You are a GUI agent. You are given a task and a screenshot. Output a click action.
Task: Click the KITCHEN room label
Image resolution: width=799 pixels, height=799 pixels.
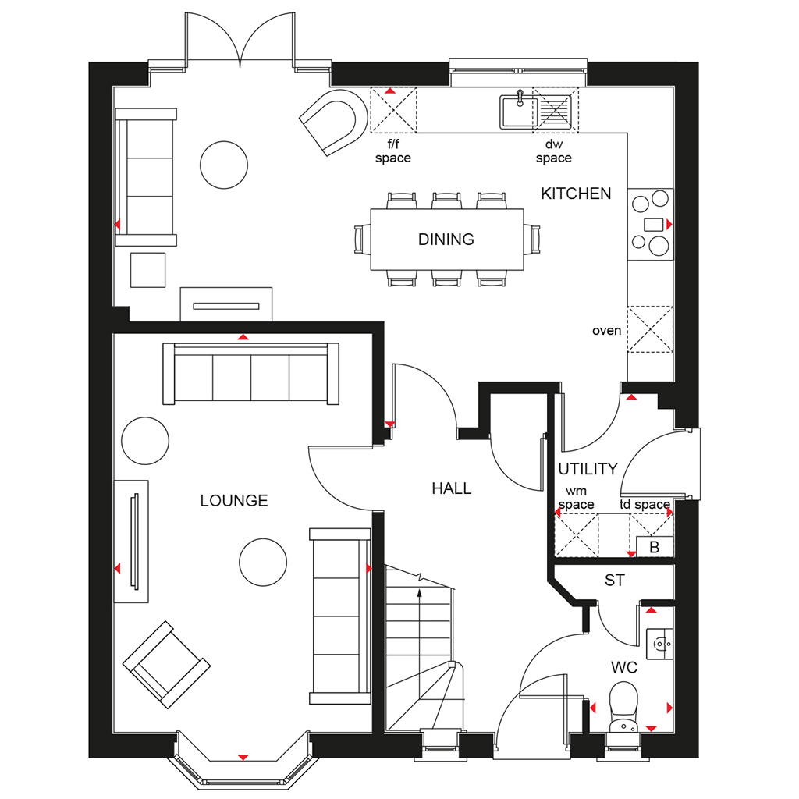coord(576,194)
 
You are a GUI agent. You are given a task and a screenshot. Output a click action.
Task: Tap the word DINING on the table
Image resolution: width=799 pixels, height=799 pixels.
coord(446,240)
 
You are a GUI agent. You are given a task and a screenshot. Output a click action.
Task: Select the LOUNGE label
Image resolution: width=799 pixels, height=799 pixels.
coord(234,501)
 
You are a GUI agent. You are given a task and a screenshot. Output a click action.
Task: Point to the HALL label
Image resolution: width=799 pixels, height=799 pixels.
coord(452,488)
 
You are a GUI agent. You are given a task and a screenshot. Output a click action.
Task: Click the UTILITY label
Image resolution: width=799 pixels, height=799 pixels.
coord(588,469)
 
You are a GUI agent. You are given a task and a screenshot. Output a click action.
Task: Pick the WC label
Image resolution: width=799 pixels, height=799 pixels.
coord(624,668)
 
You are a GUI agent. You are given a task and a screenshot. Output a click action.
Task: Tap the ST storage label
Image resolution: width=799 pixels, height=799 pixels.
coord(615,581)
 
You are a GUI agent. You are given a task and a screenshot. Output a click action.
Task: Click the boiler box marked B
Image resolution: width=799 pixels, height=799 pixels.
coord(655,547)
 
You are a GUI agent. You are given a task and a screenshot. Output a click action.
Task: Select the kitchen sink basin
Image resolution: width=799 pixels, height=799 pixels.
coord(519,111)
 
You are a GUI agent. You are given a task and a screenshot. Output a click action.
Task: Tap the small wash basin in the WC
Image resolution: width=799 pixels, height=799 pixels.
coord(659,644)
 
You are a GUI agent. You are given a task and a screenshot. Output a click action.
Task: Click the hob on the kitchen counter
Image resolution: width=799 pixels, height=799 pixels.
coord(651,224)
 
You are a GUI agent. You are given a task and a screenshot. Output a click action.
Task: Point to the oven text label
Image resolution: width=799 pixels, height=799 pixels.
coord(606,331)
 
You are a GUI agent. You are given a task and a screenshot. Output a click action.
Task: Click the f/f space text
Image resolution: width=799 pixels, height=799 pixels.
coord(393,151)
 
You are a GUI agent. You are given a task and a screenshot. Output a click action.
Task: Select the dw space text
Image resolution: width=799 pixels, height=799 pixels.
coord(553,151)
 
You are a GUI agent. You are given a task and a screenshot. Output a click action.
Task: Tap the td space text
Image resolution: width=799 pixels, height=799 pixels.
coord(645,505)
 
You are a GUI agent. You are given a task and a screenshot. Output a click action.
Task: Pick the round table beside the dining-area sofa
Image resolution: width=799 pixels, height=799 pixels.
coord(224,165)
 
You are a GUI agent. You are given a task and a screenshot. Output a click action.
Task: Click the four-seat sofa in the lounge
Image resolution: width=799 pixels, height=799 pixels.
coord(250,374)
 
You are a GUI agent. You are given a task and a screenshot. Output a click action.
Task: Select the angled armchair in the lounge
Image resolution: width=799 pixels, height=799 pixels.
coord(166,665)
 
